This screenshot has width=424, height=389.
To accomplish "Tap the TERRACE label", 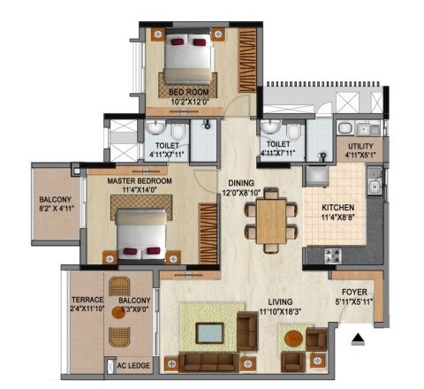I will coord(87,300).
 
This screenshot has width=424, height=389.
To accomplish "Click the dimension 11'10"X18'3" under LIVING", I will coord(279,311).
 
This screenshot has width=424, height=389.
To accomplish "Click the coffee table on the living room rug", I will coord(209,333).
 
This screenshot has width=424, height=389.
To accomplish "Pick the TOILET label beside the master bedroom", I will coord(167,145).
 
